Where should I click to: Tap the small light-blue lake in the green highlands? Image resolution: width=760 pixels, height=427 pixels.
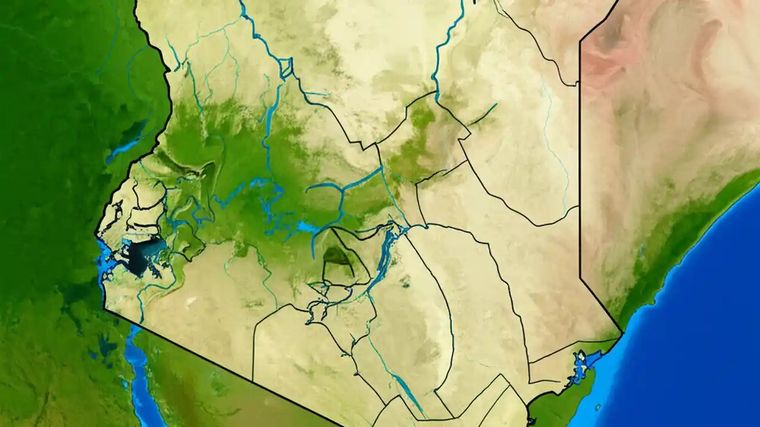pos(308,227)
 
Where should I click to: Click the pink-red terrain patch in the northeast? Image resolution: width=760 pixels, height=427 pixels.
pos(603,62)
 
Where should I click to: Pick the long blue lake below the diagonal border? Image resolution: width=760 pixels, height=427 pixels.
pos(138,368)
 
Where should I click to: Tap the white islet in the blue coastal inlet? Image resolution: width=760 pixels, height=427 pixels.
pos(582,360)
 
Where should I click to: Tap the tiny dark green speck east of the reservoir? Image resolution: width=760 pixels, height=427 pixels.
pos(406,284)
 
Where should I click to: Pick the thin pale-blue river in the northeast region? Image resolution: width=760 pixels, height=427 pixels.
pos(555,148)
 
